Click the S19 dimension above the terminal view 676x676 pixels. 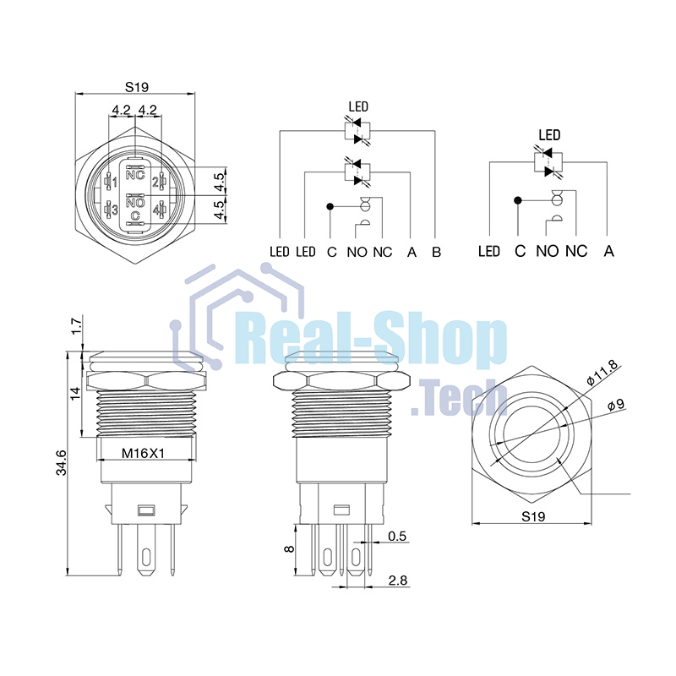click(x=136, y=86)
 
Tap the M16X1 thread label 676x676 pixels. click(x=142, y=452)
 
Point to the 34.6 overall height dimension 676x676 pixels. click(x=61, y=463)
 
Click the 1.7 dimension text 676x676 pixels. click(x=75, y=325)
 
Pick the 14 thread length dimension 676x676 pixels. click(x=75, y=392)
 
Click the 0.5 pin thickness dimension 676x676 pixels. click(x=397, y=537)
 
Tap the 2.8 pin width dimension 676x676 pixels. click(x=397, y=581)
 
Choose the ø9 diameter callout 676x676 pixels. click(x=615, y=405)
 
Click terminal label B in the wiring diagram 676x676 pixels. click(x=435, y=251)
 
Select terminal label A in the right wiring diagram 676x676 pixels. click(x=609, y=251)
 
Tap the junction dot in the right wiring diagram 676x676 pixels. click(x=516, y=200)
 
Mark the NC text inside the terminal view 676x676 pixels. click(x=135, y=175)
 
